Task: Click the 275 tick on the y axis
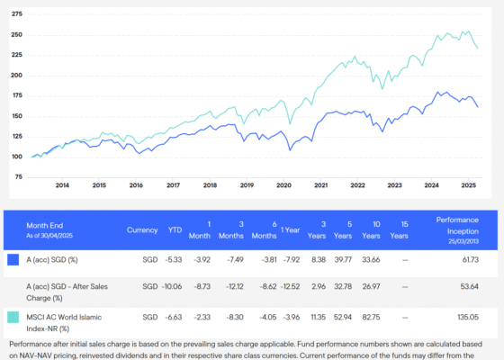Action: [17, 14]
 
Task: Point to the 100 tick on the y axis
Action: [17, 157]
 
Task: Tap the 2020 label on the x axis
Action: [283, 185]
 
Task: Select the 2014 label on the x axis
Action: [62, 185]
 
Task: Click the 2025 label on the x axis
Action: [468, 185]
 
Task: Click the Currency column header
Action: [142, 229]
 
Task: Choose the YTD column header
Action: [175, 229]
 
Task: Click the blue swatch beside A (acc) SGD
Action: [13, 260]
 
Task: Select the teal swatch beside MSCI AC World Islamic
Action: [13, 318]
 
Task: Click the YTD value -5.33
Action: [175, 259]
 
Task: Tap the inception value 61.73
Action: [466, 259]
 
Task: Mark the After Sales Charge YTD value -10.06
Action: [172, 287]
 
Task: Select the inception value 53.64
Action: [466, 287]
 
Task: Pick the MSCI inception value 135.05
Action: [464, 317]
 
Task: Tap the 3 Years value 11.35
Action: [317, 317]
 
